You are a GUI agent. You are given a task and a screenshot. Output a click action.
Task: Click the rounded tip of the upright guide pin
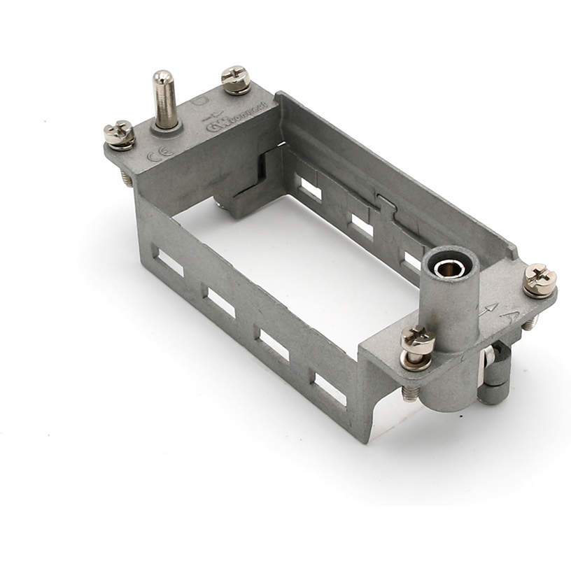164,77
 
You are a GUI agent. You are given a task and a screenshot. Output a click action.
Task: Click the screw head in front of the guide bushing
418,341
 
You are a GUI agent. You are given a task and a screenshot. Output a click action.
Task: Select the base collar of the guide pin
167,126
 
